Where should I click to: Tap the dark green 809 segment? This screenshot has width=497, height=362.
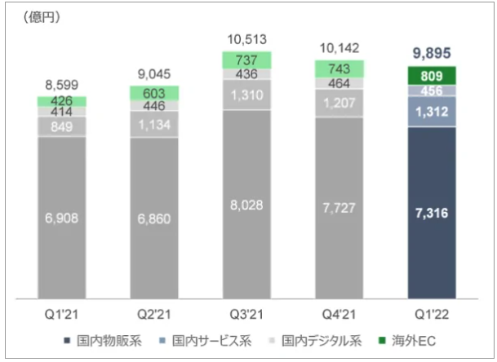click(x=431, y=76)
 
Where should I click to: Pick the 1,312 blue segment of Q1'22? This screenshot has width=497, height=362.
click(x=431, y=111)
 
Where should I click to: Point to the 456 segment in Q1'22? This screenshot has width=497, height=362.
click(x=431, y=90)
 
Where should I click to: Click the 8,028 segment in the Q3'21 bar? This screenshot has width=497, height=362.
click(x=246, y=203)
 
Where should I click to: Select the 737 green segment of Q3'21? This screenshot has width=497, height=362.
click(x=246, y=60)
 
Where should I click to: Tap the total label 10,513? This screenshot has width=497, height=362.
click(x=246, y=38)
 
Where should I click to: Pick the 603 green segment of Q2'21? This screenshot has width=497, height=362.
click(x=154, y=94)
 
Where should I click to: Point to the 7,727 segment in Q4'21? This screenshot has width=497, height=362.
click(x=339, y=209)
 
